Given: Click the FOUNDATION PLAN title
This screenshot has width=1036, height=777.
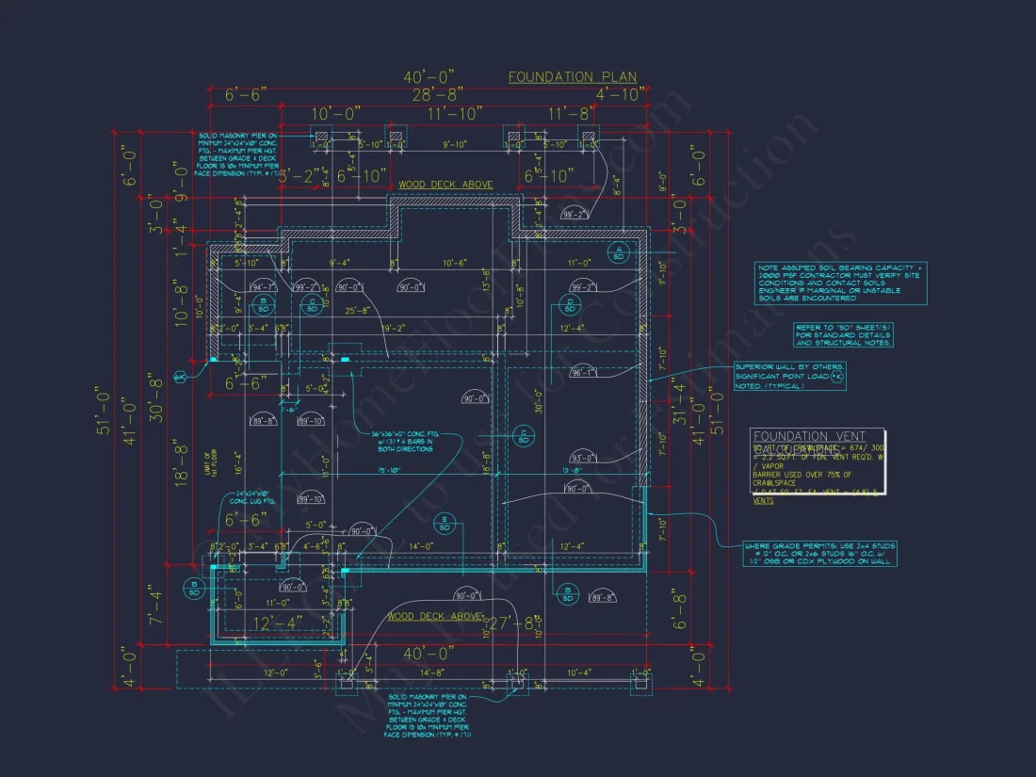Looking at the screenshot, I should coord(573,77).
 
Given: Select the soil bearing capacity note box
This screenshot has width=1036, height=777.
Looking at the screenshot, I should coord(842,283).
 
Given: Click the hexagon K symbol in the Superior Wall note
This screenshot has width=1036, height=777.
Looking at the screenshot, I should coord(837,376).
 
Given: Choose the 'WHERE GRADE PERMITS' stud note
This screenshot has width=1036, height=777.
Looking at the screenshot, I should coord(818,554).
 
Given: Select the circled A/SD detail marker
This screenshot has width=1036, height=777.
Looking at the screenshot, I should coord(619,252).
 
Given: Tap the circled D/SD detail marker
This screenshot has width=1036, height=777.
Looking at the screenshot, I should coord(570,305).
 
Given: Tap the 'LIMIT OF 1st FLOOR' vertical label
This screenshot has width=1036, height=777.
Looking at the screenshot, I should coord(209,465).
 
